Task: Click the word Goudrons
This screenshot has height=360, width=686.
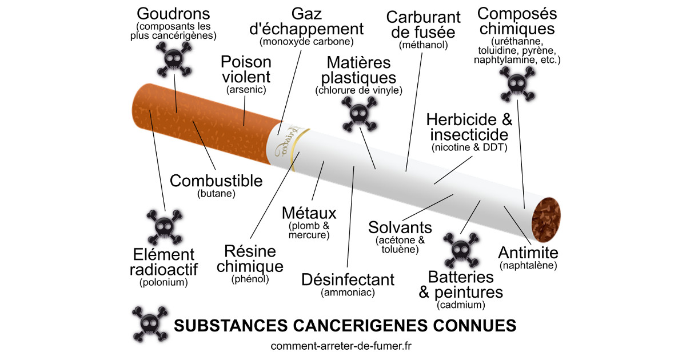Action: pyautogui.click(x=174, y=14)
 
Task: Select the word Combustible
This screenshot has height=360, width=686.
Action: pyautogui.click(x=217, y=181)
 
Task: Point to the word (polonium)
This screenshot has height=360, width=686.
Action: pyautogui.click(x=163, y=282)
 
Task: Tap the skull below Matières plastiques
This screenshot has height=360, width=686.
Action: pyautogui.click(x=358, y=112)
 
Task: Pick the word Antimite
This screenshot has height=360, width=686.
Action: pyautogui.click(x=528, y=253)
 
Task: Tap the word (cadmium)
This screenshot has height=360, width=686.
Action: pyautogui.click(x=461, y=305)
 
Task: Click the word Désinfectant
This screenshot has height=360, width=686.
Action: pyautogui.click(x=348, y=280)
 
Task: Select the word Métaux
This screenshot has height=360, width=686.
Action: pyautogui.click(x=309, y=213)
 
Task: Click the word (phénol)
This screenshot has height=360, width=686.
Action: pyautogui.click(x=250, y=279)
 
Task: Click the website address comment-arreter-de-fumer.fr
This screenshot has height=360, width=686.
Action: pyautogui.click(x=343, y=346)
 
